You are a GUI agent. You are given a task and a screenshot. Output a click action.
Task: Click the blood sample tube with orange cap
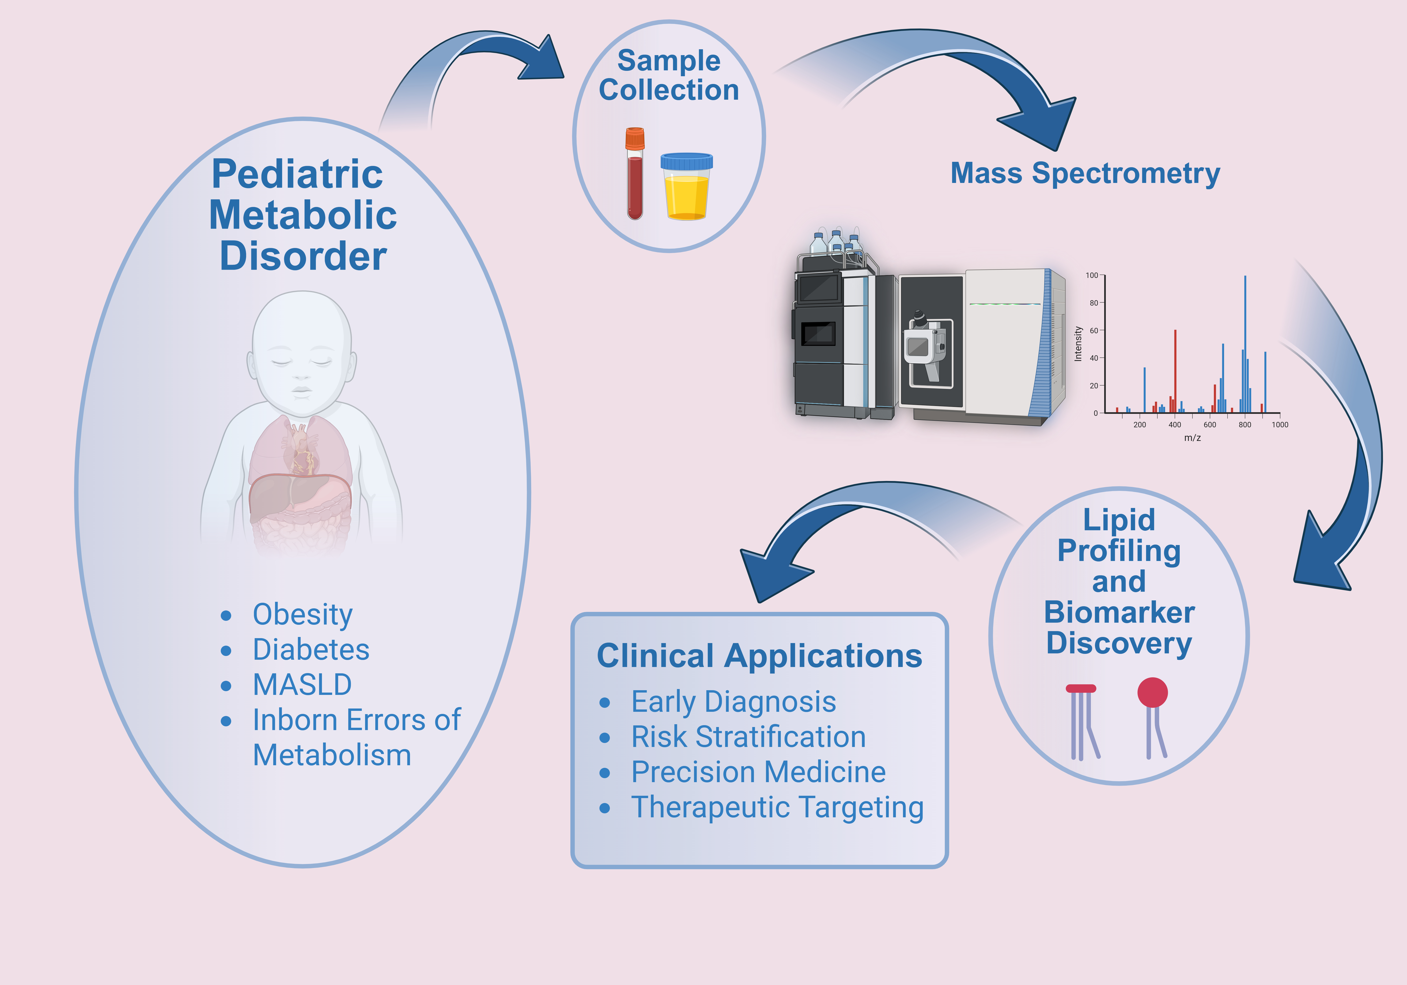635,175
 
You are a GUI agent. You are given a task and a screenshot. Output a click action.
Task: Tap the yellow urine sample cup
686,187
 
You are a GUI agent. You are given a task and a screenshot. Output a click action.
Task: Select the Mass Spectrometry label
1085,174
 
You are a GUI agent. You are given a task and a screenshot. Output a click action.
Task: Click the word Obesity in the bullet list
303,615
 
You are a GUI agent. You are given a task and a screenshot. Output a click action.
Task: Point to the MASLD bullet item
302,685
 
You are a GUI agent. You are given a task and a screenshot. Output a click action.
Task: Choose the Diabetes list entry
311,650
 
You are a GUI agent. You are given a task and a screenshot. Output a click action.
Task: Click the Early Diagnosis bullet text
734,702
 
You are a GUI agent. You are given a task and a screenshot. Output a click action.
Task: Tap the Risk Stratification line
748,737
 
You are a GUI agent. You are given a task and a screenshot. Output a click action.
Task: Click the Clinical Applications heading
759,656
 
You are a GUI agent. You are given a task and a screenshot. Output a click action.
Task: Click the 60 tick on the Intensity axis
1094,330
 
